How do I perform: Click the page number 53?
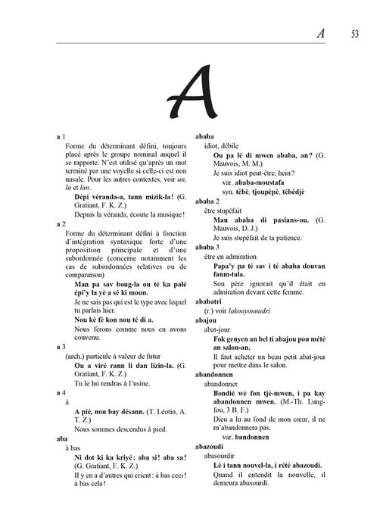(356, 34)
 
